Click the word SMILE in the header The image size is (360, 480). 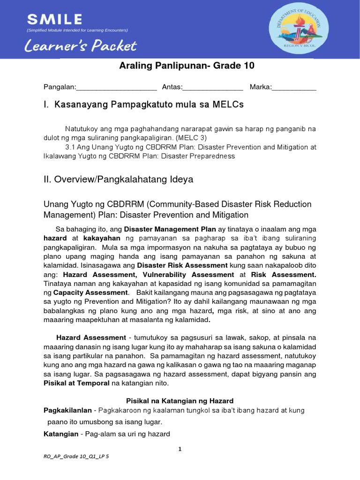pos(54,19)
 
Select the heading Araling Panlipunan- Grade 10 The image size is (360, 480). pos(187,66)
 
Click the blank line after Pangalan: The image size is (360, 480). pos(116,87)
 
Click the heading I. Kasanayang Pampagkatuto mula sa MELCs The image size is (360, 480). pos(143,105)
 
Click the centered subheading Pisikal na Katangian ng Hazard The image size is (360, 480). pos(180,401)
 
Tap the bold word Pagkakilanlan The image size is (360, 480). pos(67,411)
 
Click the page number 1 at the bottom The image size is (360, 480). pos(180,449)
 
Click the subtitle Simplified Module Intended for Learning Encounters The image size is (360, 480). pos(77,30)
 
